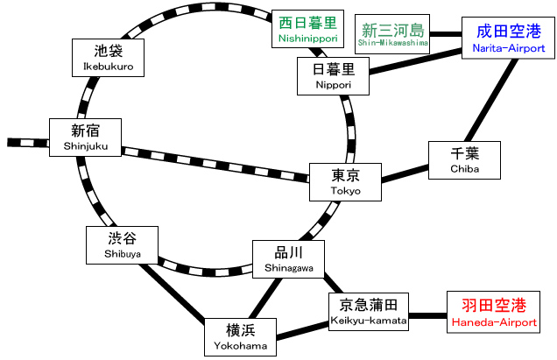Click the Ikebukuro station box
(107, 56)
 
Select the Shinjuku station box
(85, 138)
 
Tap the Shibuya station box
(122, 244)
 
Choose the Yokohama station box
(239, 337)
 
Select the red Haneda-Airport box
(494, 313)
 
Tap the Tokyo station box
(345, 181)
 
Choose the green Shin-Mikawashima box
(392, 36)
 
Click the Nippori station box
(333, 76)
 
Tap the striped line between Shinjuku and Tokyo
(215, 162)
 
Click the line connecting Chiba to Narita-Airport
(486, 101)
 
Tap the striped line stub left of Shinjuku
(26, 142)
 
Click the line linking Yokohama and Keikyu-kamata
(299, 331)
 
